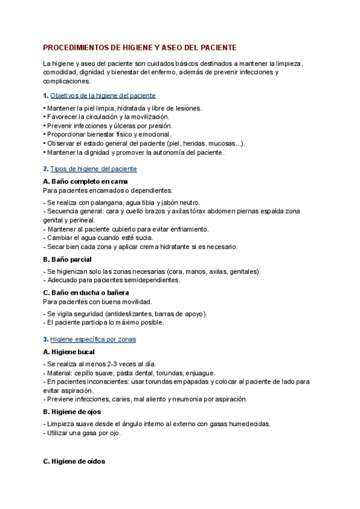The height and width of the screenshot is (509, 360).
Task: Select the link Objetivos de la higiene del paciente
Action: click(103, 95)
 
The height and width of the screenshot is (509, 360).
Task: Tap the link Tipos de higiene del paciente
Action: click(94, 169)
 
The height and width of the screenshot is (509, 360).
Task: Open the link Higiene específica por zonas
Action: click(93, 339)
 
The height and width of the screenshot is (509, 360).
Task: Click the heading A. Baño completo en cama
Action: click(85, 181)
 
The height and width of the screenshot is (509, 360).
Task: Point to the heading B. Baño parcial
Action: click(67, 259)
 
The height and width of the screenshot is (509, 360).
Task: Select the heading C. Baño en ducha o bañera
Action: click(87, 292)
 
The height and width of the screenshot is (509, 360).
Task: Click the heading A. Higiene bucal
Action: click(69, 352)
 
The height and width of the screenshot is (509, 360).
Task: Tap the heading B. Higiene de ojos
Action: click(72, 412)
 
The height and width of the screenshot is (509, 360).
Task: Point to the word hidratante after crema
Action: click(179, 246)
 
